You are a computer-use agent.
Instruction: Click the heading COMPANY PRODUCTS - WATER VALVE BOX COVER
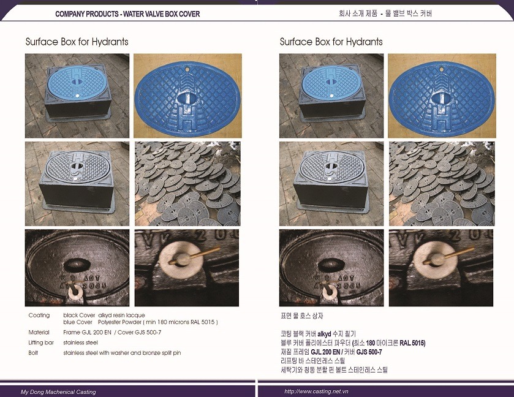coord(127,14)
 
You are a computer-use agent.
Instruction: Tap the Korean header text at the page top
coord(385,13)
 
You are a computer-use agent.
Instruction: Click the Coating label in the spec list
coord(39,316)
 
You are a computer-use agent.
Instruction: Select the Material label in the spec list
coord(39,333)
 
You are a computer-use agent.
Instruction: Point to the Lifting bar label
coord(41,343)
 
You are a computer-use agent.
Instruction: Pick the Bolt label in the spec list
coord(33,353)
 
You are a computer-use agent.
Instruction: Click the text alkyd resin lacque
coord(121,316)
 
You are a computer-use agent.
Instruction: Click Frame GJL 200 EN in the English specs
coord(87,333)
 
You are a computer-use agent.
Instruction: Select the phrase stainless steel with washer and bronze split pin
coord(122,353)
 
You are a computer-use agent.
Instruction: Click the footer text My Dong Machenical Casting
coord(58,391)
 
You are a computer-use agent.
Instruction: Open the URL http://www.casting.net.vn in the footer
coord(316,391)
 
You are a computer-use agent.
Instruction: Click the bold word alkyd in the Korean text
coord(324,334)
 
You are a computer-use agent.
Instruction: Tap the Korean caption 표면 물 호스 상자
coord(302,316)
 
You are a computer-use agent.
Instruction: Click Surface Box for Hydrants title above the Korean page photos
coord(331,42)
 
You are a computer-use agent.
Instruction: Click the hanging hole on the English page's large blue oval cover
coord(187,69)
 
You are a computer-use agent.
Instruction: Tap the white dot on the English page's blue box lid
coord(77,96)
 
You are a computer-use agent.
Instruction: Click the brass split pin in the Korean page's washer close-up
coord(447,255)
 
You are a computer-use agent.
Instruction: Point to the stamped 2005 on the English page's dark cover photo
coord(95,286)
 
